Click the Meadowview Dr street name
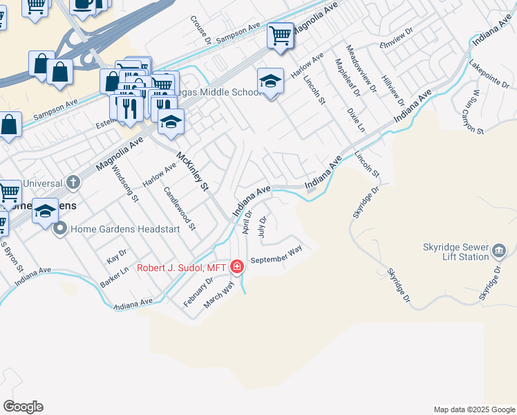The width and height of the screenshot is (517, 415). point(361,68)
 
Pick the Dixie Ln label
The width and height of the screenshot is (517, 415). point(355,118)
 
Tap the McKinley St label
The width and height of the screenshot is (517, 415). point(193,171)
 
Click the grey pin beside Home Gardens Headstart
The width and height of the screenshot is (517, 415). point(60,229)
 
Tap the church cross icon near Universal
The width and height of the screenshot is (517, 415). point(73,183)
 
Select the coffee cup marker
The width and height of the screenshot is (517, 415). point(83,6)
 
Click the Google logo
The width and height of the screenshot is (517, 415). point(23,407)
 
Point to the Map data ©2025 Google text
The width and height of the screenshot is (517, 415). point(474,409)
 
